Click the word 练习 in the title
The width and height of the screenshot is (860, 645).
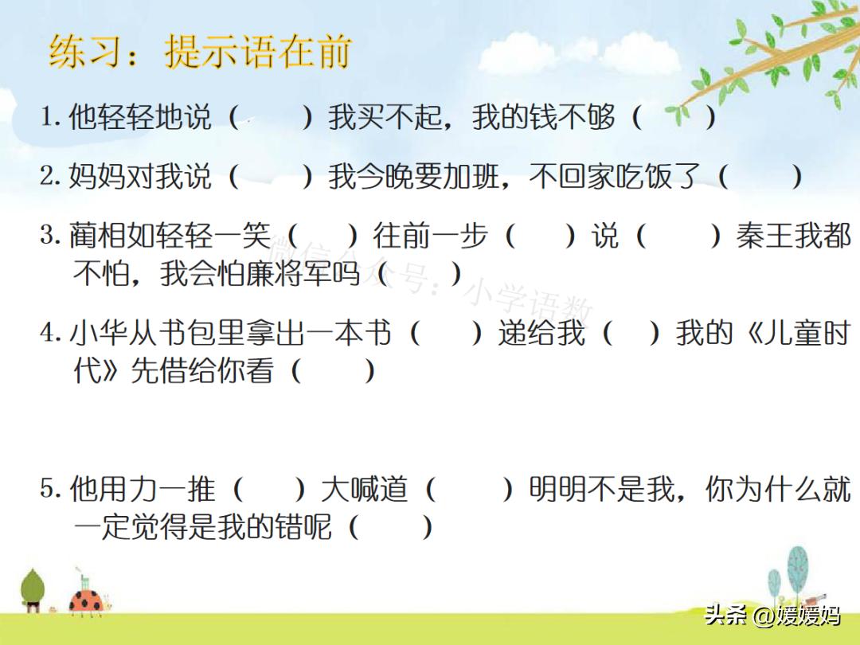84,53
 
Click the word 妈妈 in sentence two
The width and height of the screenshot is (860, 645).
96,177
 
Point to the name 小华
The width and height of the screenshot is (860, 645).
96,333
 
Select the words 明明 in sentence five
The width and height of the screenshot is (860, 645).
557,488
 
